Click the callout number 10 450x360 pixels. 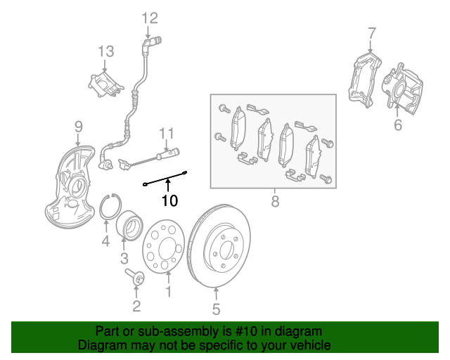[169, 201]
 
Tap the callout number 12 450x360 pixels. [150, 18]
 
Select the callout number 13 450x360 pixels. [105, 51]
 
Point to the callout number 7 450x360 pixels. [372, 32]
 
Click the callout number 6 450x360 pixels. [398, 126]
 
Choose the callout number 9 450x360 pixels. [79, 127]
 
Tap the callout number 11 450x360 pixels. [166, 133]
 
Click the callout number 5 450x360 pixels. [217, 308]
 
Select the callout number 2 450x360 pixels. [136, 305]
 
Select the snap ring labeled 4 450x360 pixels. [106, 206]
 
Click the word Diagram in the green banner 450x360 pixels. [100, 345]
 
